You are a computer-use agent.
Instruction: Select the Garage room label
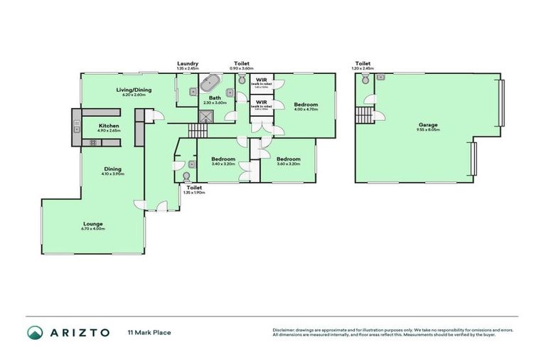click(427, 125)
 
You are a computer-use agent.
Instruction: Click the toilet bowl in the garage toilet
click(365, 81)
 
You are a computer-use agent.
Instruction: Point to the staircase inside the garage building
click(364, 115)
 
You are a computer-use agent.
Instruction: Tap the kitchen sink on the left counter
click(75, 127)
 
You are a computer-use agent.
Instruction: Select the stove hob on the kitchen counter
click(92, 142)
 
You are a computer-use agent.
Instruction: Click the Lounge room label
click(92, 224)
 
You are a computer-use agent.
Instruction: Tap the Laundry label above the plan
click(188, 63)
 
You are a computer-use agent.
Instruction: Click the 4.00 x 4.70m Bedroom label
click(307, 105)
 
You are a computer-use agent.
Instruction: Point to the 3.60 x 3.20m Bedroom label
click(288, 159)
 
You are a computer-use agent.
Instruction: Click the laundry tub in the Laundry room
click(191, 90)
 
